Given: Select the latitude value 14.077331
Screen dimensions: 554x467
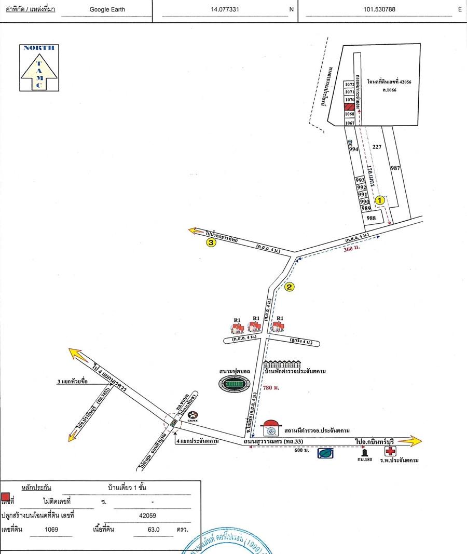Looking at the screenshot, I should pyautogui.click(x=225, y=9).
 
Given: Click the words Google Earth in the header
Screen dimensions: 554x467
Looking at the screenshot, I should pyautogui.click(x=107, y=9).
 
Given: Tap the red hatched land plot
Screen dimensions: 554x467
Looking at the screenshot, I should pyautogui.click(x=349, y=106).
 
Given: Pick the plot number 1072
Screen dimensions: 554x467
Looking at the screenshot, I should pyautogui.click(x=349, y=84).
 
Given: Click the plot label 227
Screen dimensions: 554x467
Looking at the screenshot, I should pyautogui.click(x=377, y=147).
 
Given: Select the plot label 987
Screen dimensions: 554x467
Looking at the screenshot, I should pyautogui.click(x=395, y=168).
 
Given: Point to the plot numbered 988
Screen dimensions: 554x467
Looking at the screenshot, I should pyautogui.click(x=370, y=218).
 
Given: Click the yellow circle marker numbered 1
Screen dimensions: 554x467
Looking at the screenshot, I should pyautogui.click(x=380, y=199).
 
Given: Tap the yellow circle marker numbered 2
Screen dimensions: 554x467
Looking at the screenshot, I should pyautogui.click(x=290, y=286).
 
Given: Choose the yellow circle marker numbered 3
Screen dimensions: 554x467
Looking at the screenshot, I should pyautogui.click(x=211, y=242).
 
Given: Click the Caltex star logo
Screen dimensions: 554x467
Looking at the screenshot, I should pyautogui.click(x=193, y=415).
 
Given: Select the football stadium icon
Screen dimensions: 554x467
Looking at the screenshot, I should pyautogui.click(x=233, y=384).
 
